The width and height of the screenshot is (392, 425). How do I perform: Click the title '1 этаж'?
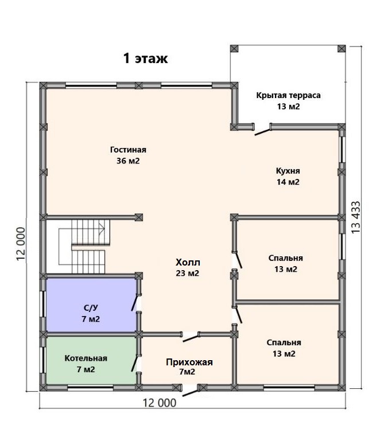click(x=145, y=59)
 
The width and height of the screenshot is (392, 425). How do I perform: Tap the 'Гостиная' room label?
click(x=128, y=150)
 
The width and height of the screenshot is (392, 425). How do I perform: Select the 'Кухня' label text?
click(x=288, y=171)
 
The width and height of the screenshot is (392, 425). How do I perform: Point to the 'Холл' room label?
click(x=188, y=262)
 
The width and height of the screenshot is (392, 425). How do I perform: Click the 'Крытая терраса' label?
click(x=288, y=95)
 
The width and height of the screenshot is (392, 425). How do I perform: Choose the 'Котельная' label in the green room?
click(x=86, y=358)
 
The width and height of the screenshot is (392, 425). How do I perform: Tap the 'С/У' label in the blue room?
click(x=91, y=308)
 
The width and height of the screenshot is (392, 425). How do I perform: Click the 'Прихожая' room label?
click(x=189, y=362)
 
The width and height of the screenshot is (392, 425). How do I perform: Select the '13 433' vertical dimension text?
click(x=356, y=217)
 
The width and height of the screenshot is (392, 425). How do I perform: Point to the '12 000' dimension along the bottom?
click(x=160, y=403)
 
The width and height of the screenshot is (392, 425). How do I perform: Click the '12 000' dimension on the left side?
click(x=21, y=244)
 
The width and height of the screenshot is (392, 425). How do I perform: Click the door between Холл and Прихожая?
click(x=191, y=338)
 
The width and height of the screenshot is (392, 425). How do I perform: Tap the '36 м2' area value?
click(x=128, y=161)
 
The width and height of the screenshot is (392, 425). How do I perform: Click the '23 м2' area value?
click(x=188, y=273)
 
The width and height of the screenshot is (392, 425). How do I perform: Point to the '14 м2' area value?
click(x=288, y=182)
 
